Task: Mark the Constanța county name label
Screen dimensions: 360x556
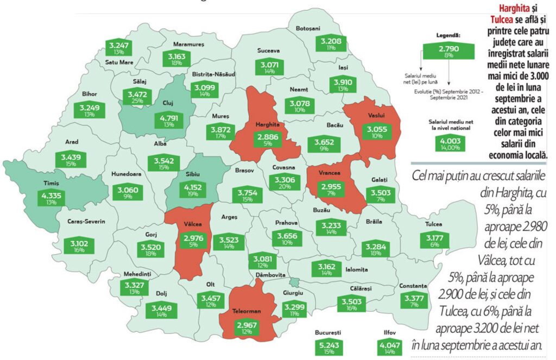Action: tap(412, 286)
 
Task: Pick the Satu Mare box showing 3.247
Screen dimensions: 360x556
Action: tap(119, 48)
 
